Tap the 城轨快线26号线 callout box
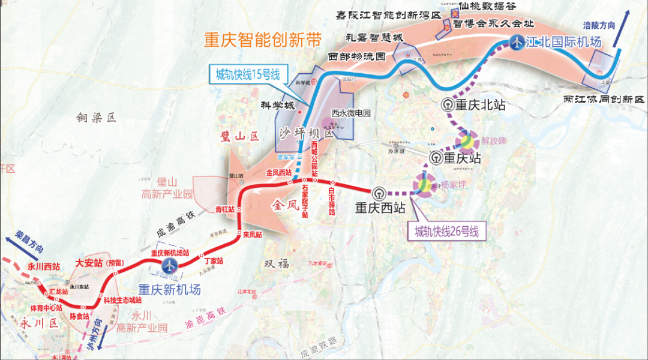point(446,231)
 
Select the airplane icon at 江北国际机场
point(517,42)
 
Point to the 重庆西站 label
point(379,208)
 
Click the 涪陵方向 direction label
point(599,25)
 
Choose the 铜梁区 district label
point(95,118)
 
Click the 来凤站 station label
point(252,235)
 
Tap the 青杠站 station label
point(224,209)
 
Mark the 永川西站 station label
point(44,266)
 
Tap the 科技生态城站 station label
point(122,300)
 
